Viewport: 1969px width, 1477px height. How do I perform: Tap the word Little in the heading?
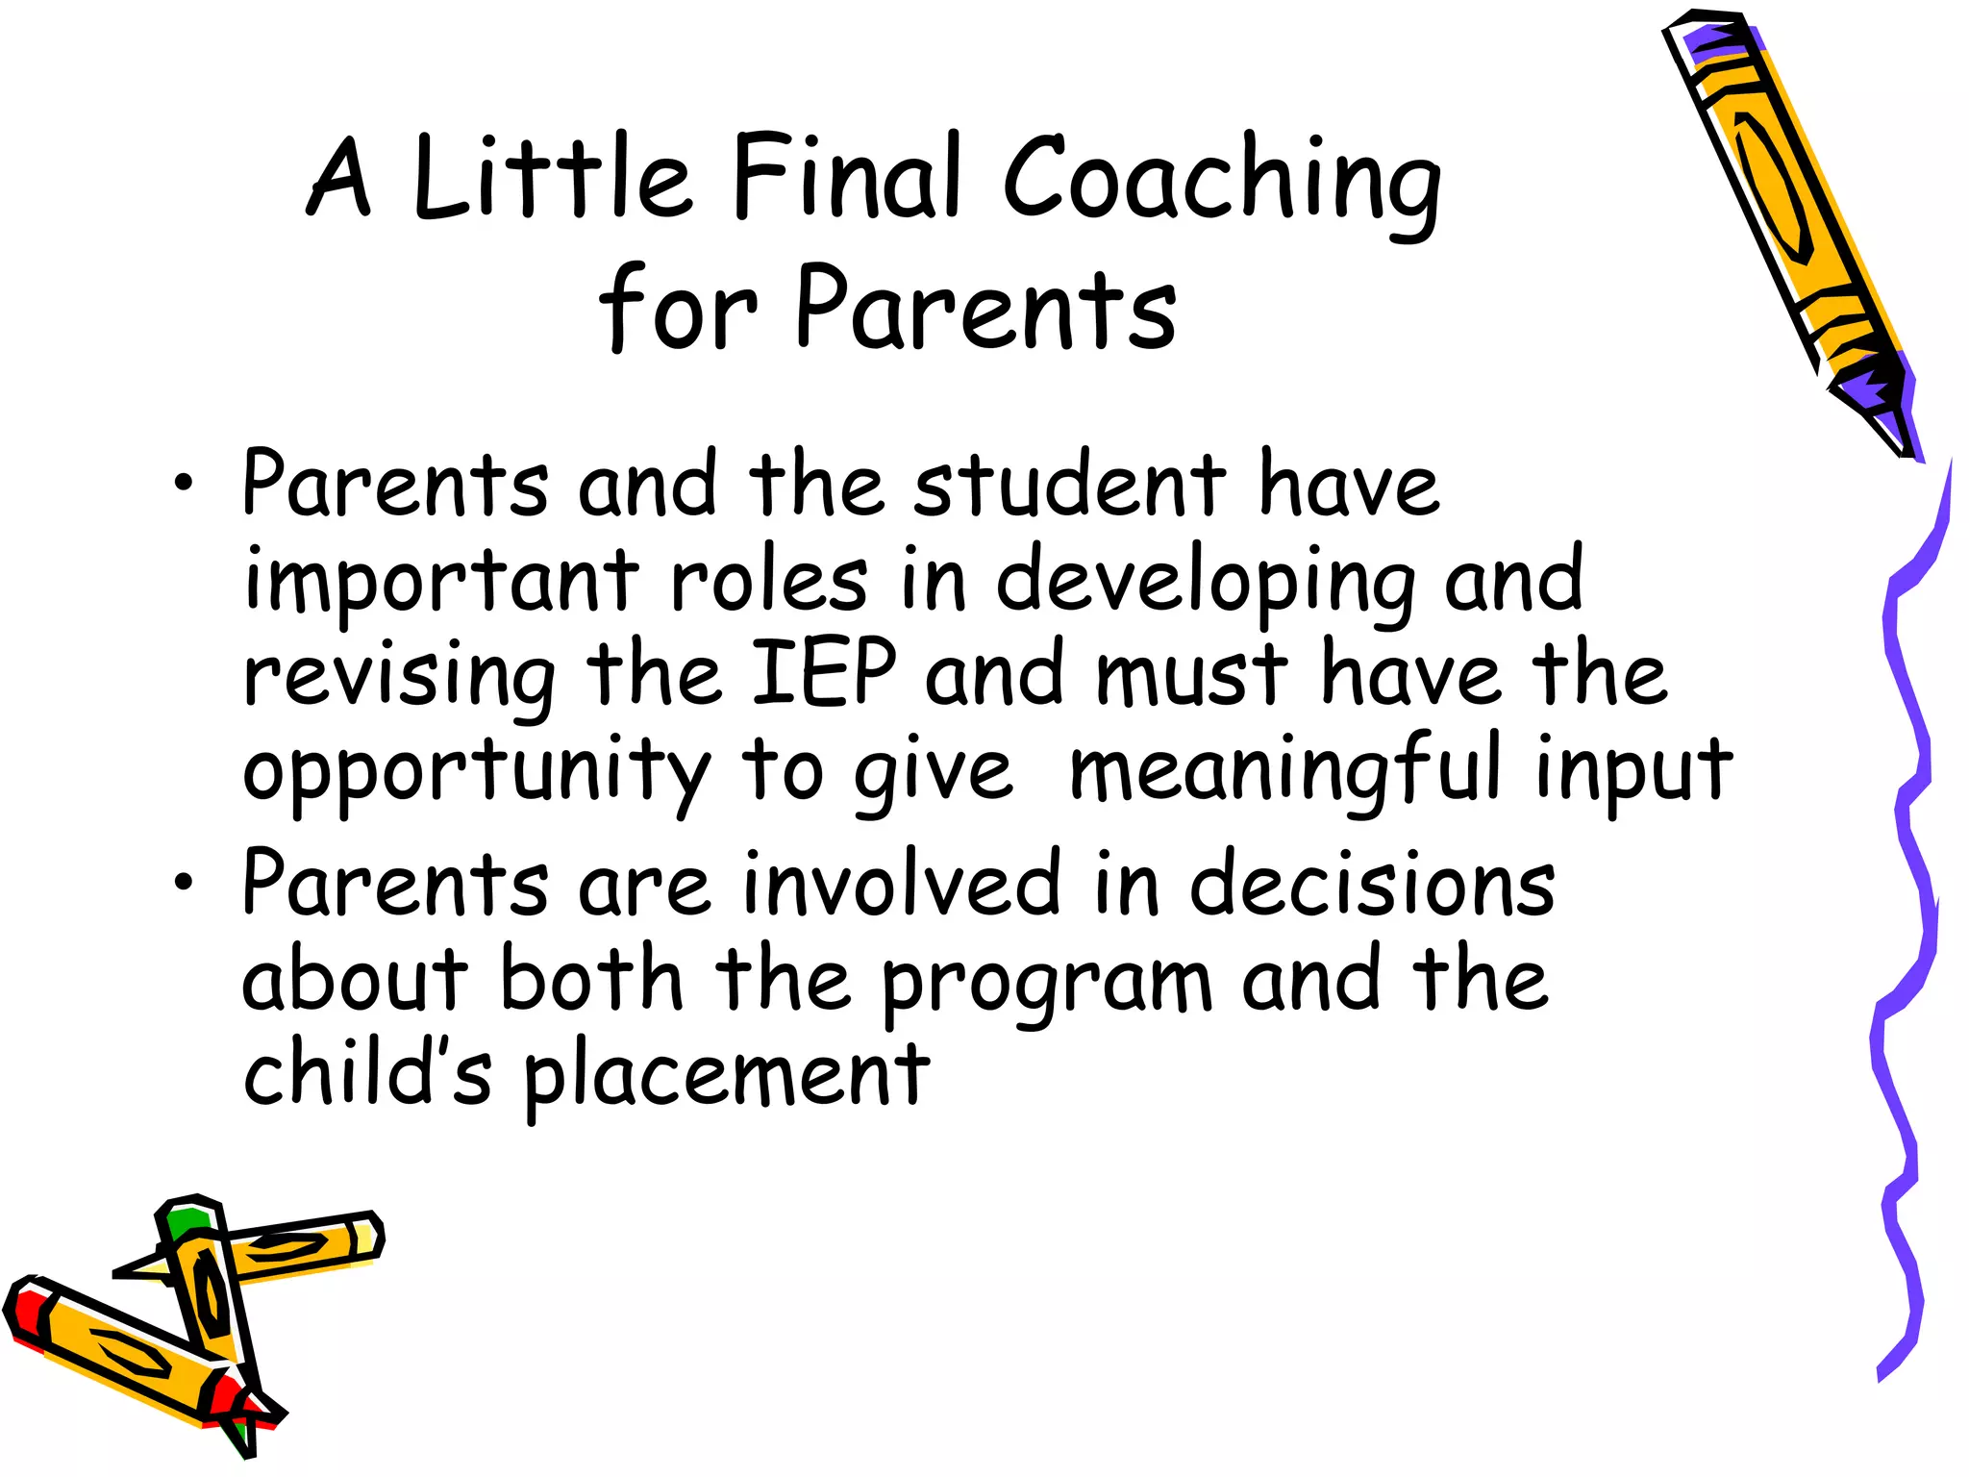click(x=552, y=179)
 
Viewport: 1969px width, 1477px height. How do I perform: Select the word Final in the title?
click(x=846, y=177)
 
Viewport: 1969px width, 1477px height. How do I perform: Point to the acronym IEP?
click(x=824, y=672)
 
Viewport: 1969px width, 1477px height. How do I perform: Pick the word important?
click(x=442, y=583)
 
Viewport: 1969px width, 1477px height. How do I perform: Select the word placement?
click(x=727, y=1078)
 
